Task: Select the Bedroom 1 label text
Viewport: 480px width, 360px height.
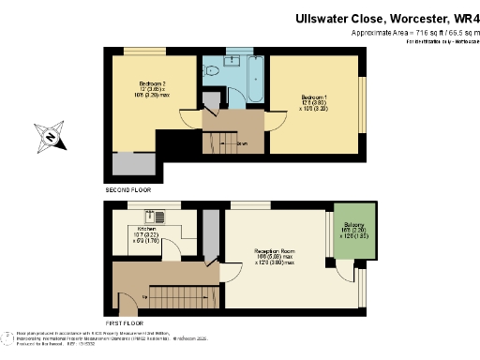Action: coord(314,99)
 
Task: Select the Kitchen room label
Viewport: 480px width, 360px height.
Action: coord(147,230)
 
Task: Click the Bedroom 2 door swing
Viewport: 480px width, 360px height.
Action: coord(190,119)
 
